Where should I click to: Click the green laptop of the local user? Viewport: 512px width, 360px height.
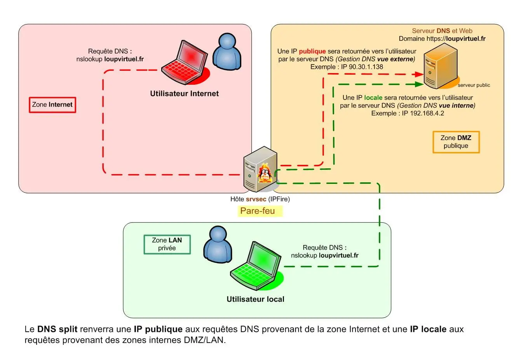(255, 267)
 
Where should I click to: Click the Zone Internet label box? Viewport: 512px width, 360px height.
(52, 105)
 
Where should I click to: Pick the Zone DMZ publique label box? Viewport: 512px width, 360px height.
(456, 142)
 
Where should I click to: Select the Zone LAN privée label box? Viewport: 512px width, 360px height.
(167, 245)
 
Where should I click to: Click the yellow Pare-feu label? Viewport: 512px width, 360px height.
(258, 211)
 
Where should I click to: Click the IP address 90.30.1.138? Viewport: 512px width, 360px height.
(366, 67)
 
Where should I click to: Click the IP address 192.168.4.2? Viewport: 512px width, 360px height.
(423, 114)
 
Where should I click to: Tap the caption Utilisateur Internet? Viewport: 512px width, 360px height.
(184, 94)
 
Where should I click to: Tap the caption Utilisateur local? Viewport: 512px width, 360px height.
(255, 299)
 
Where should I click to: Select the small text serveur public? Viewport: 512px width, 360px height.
(474, 85)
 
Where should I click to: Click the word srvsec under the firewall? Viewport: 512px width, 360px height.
(256, 199)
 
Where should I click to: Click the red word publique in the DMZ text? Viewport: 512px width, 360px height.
(312, 51)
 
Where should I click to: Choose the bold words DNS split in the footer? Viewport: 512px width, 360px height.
(57, 329)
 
